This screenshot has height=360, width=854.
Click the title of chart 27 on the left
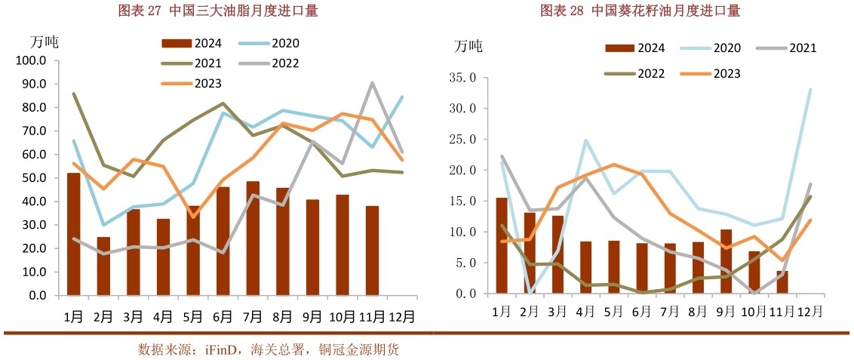tap(218, 11)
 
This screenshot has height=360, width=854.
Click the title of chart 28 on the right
tap(640, 11)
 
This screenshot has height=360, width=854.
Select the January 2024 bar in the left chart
tap(73, 234)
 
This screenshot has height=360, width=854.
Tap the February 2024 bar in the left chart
tap(103, 266)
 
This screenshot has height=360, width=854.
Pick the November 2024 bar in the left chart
tap(372, 251)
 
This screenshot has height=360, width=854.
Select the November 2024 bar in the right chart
tap(782, 282)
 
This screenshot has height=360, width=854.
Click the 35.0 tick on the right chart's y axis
tap(462, 77)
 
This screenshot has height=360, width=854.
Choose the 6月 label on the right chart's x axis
tap(642, 311)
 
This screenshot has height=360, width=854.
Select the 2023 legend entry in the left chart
tap(191, 83)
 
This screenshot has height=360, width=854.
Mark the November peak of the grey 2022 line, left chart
tap(372, 83)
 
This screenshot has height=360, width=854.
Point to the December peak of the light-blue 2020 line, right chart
tap(810, 90)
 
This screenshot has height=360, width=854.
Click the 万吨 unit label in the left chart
tap(43, 42)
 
